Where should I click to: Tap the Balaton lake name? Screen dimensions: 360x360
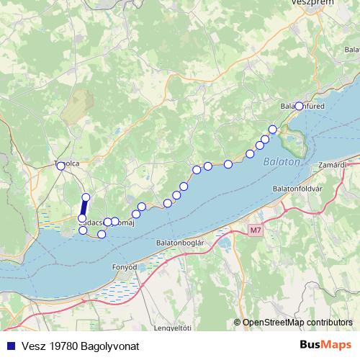pyautogui.click(x=281, y=162)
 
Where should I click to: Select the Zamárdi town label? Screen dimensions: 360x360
pyautogui.click(x=346, y=165)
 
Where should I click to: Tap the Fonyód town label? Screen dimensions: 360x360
pyautogui.click(x=125, y=266)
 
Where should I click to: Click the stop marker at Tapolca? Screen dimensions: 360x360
pyautogui.click(x=61, y=166)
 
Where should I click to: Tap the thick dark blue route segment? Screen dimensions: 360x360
pyautogui.click(x=84, y=208)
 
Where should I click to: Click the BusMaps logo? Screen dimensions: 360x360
pyautogui.click(x=326, y=345)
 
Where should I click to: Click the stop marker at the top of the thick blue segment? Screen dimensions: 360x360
pyautogui.click(x=86, y=197)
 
